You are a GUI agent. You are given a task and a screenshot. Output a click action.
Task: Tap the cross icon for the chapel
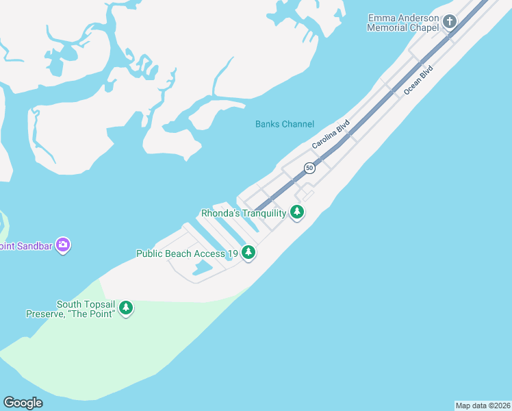click(450, 21)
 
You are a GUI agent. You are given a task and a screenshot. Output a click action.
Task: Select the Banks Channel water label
click(285, 124)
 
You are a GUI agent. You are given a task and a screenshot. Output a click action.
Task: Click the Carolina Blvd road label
click(331, 134)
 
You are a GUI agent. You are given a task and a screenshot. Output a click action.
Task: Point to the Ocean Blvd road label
click(418, 79)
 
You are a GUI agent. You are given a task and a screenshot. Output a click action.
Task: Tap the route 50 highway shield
click(309, 168)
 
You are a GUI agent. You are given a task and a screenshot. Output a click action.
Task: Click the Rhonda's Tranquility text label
click(243, 213)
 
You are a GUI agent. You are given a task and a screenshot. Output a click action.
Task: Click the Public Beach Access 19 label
click(187, 253)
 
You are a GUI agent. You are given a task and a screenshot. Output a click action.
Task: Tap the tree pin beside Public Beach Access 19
click(248, 253)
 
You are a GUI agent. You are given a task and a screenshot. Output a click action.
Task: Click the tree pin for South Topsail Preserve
click(126, 308)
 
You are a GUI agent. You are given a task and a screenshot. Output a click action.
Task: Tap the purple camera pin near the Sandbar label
click(63, 245)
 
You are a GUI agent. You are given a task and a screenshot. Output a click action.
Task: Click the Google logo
click(23, 403)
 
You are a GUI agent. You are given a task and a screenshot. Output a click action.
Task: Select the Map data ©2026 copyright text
click(483, 406)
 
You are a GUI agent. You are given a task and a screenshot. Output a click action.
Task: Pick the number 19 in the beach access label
click(232, 253)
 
